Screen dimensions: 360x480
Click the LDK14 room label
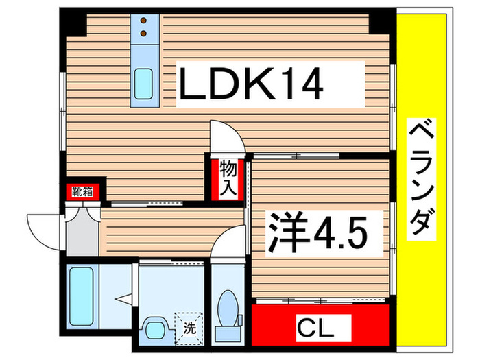(x=250, y=84)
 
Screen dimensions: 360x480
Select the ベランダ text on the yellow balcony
(x=422, y=180)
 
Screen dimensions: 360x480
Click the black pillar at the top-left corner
(x=71, y=23)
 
